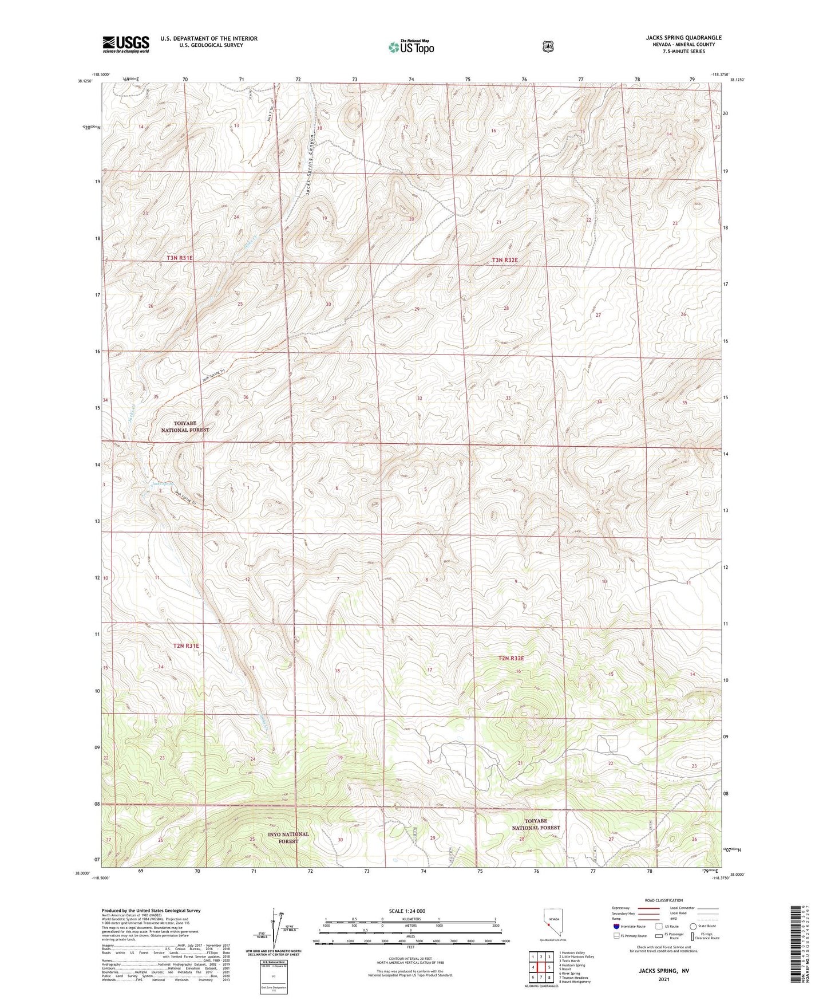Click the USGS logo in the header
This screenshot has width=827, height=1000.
tap(126, 44)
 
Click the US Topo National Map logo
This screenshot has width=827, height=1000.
tap(410, 47)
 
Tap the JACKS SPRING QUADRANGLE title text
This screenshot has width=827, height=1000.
tap(683, 38)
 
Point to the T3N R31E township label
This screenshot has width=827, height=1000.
tap(180, 258)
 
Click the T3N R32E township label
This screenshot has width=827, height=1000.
tap(504, 260)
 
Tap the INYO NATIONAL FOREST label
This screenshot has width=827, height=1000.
tap(288, 837)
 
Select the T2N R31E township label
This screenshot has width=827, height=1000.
tap(186, 645)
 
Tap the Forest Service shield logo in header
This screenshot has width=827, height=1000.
tap(548, 46)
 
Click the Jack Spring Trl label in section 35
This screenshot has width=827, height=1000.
tap(215, 378)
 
